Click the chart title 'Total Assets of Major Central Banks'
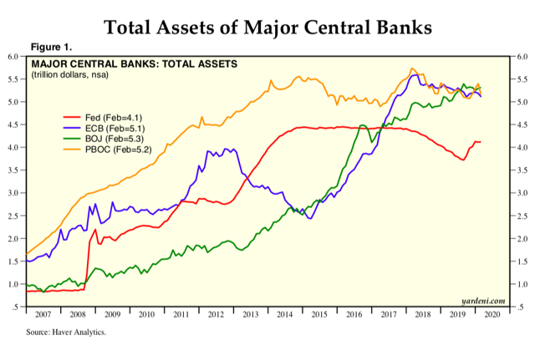coord(267,27)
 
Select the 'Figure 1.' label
coord(51,47)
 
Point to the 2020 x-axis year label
coord(492,316)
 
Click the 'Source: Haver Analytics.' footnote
coord(66,332)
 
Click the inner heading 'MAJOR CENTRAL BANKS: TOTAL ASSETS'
coord(134,63)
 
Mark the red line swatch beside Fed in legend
coord(76,117)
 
